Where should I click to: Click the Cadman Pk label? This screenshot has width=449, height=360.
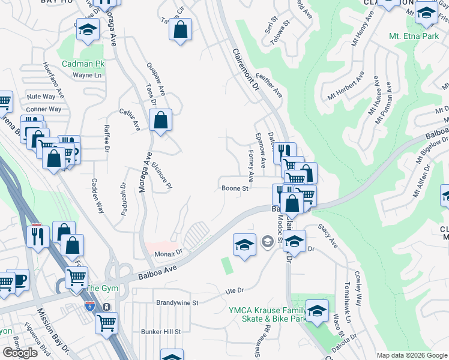(83, 63)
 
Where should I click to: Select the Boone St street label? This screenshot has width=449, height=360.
(235, 188)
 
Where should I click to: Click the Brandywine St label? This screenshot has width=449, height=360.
(177, 303)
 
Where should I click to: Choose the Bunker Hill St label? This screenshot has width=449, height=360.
(161, 331)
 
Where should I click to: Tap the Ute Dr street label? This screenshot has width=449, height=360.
(234, 290)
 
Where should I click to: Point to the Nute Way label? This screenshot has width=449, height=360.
(41, 97)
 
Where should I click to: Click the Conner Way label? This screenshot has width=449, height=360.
(44, 109)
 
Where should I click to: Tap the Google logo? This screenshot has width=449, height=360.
(20, 353)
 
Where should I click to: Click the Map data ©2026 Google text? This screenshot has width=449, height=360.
(412, 355)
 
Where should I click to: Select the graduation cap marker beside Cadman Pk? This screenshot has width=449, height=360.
(88, 31)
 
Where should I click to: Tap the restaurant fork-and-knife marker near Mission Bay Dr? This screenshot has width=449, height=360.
(37, 235)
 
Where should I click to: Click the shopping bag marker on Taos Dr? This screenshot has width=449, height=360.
(161, 120)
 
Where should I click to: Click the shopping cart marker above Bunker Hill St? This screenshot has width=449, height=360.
(106, 323)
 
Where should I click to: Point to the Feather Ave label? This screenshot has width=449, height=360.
(270, 86)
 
